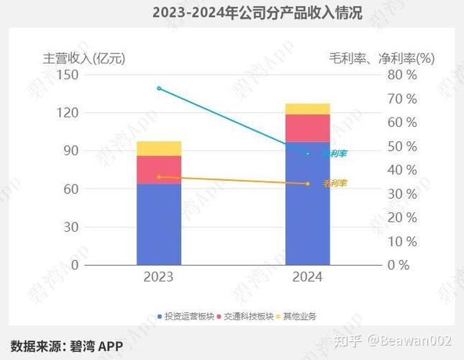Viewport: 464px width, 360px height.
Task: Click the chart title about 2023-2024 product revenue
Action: coord(257,13)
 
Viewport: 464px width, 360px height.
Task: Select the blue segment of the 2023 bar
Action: coord(159,224)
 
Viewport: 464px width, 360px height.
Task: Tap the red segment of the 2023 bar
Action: coord(159,170)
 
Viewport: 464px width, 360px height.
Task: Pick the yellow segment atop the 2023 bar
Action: coord(159,148)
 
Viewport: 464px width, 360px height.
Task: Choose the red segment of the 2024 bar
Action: coord(308,128)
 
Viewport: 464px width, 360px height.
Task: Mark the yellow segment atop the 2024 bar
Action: coord(308,109)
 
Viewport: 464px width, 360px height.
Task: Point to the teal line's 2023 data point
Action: coord(159,89)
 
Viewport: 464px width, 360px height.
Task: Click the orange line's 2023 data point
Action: coord(159,177)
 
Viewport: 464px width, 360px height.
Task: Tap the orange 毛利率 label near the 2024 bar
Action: coord(335,184)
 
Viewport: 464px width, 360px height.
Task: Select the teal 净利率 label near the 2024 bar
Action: coord(335,153)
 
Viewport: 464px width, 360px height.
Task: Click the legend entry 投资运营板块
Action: coord(185,316)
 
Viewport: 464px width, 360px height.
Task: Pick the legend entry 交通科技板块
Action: coord(245,316)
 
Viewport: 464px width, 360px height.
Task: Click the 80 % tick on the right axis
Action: coord(403,75)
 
